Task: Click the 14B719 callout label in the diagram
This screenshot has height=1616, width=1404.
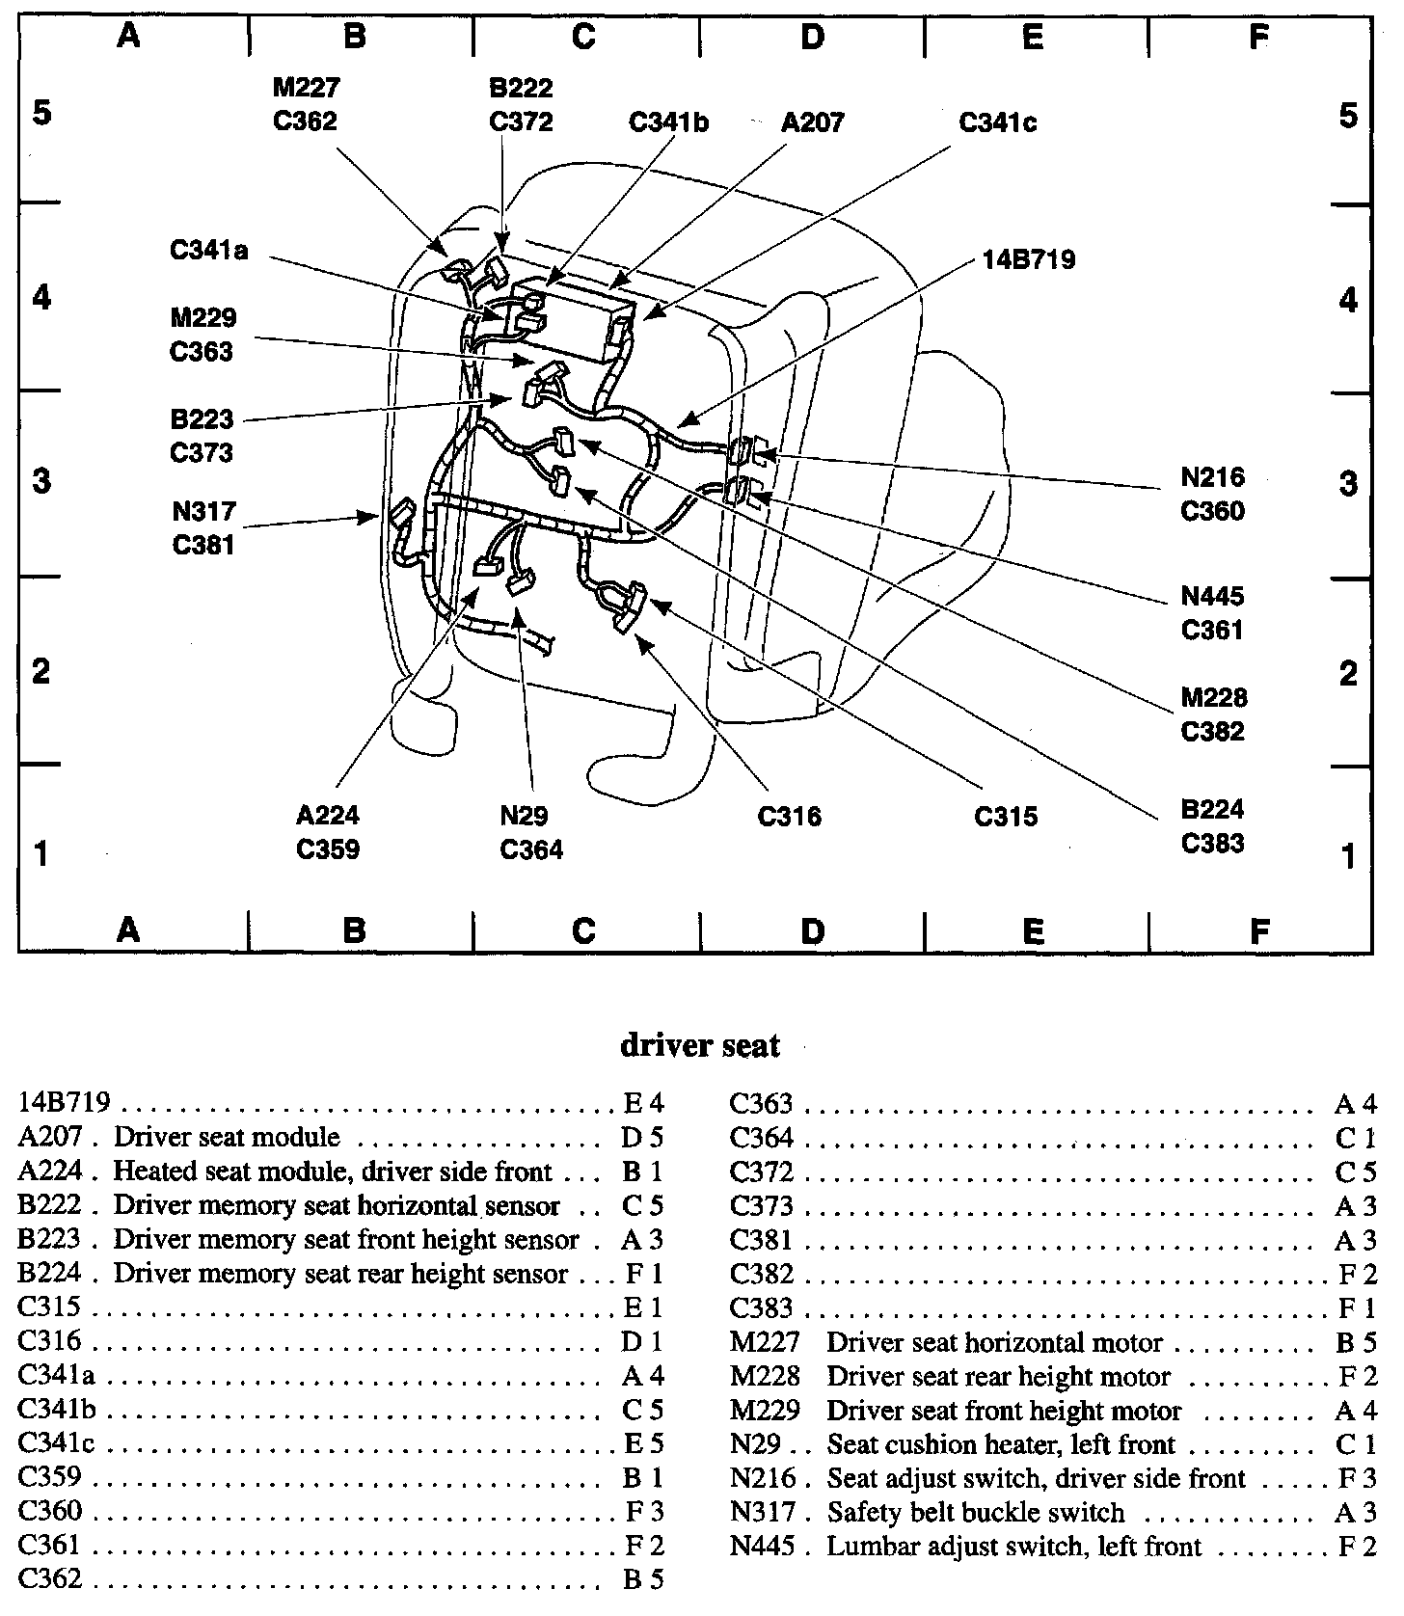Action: click(x=1029, y=259)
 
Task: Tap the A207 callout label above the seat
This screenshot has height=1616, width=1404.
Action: click(x=812, y=122)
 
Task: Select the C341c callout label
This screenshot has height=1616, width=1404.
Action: click(x=997, y=123)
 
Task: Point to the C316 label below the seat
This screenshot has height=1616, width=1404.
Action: click(x=789, y=817)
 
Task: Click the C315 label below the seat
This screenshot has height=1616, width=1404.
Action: click(x=1006, y=817)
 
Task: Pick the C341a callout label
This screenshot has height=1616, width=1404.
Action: click(x=208, y=251)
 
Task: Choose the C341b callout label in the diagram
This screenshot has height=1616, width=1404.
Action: click(x=668, y=123)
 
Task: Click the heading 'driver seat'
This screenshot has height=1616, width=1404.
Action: click(x=699, y=1045)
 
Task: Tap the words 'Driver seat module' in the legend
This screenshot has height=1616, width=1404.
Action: click(x=227, y=1137)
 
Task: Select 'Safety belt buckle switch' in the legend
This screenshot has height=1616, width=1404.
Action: click(x=976, y=1512)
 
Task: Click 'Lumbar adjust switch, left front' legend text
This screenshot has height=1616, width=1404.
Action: click(x=1014, y=1547)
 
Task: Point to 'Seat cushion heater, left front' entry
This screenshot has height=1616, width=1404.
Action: click(x=1001, y=1444)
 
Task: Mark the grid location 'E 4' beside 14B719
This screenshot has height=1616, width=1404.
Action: click(x=643, y=1103)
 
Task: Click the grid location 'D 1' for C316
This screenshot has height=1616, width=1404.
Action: click(x=643, y=1341)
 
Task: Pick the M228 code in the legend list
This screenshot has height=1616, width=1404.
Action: click(x=765, y=1376)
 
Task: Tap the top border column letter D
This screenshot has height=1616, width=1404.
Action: click(x=813, y=38)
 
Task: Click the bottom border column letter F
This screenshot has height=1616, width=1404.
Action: click(x=1258, y=930)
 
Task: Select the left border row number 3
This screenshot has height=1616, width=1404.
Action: click(x=41, y=480)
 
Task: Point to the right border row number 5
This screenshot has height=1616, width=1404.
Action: click(x=1348, y=116)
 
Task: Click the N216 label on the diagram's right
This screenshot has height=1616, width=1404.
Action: click(x=1212, y=477)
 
